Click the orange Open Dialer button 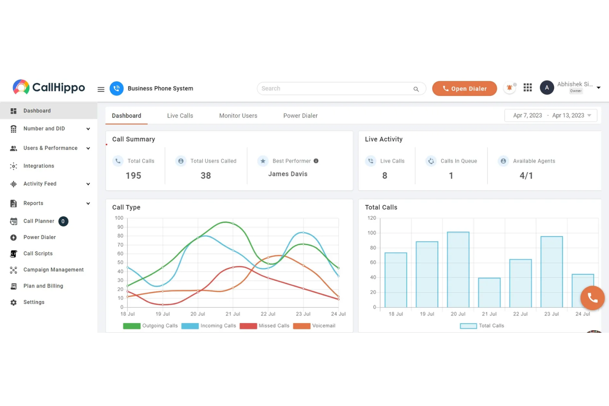464,88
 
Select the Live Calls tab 180,116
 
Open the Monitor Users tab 238,116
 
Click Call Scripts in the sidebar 38,253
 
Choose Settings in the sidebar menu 34,302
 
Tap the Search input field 335,88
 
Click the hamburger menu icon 101,89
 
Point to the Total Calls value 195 133,176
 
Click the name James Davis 288,174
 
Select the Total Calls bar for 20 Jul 458,269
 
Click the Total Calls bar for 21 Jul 489,292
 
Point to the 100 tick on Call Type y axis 119,218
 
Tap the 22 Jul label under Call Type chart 268,314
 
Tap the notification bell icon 509,88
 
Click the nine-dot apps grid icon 528,88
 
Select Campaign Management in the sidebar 53,270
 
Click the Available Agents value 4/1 526,176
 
